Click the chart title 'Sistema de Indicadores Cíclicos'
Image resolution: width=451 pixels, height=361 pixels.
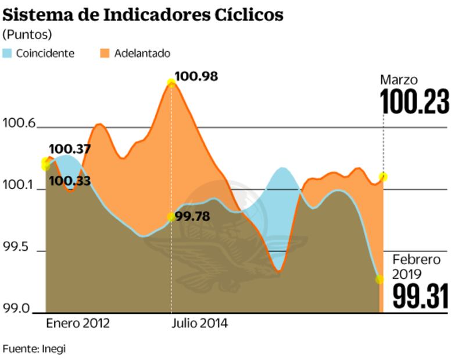[143, 15]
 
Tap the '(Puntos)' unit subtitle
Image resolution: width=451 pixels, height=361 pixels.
[27, 34]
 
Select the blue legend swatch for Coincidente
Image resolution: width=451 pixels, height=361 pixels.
[8, 54]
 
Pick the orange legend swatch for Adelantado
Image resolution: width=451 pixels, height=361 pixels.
[104, 54]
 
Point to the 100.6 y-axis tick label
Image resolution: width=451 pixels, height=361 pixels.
[19, 123]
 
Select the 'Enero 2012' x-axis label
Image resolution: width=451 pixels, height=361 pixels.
[78, 324]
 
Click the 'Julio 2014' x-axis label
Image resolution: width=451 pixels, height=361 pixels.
[199, 324]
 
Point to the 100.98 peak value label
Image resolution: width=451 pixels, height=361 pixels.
[196, 76]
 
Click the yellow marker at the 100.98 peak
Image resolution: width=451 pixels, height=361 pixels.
[171, 83]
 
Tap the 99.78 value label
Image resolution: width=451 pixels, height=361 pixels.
[192, 217]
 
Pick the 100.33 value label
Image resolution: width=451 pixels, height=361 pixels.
[70, 180]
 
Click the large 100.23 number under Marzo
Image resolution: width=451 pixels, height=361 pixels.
[414, 102]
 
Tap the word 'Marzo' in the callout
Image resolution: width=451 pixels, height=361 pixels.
[399, 80]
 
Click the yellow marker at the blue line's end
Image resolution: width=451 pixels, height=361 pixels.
[380, 279]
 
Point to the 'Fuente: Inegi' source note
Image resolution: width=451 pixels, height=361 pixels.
[34, 349]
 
